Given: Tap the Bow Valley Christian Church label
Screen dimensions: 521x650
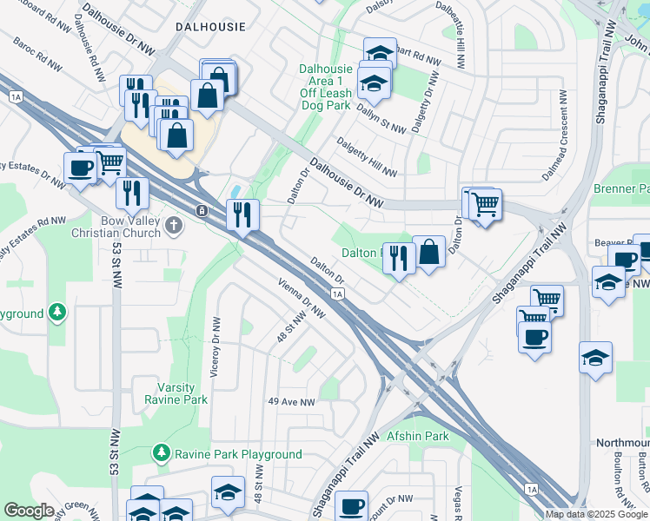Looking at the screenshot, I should tap(130, 227).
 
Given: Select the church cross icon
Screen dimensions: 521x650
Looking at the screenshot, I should tap(174, 226).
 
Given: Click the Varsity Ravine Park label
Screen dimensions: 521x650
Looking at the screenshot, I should tap(182, 393).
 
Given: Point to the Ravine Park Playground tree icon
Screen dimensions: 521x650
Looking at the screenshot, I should tap(160, 453).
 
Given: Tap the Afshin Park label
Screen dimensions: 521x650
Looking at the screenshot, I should tap(417, 435).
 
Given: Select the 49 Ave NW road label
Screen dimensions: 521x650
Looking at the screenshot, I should tap(290, 401).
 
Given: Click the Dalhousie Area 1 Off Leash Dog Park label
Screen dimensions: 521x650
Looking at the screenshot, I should tap(325, 87).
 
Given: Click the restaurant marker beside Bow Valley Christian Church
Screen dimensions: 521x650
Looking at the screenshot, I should tap(242, 213).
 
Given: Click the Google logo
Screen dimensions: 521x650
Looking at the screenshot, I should tap(29, 511).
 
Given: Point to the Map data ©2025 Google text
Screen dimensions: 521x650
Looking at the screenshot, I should tap(594, 514).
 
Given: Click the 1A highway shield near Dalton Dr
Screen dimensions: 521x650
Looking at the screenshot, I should tap(338, 294).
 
